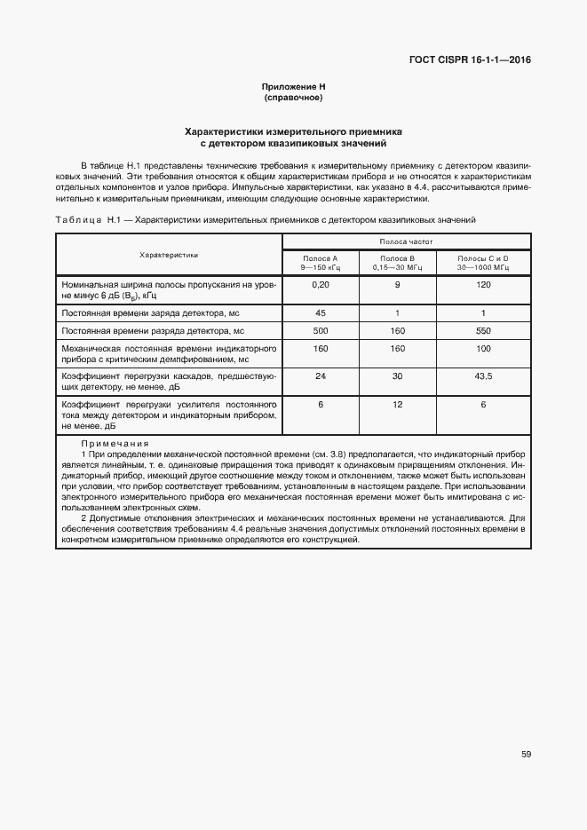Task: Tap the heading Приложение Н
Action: [294, 87]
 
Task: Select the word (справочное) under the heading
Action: [294, 97]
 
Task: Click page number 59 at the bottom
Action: [526, 755]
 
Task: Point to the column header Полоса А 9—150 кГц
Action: [320, 262]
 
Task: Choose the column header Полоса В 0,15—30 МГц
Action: [397, 262]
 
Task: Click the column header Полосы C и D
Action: [483, 262]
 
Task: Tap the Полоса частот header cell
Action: [406, 241]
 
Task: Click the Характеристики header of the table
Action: [169, 254]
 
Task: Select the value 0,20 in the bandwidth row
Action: [321, 285]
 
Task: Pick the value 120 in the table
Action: [483, 285]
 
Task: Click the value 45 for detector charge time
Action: [321, 312]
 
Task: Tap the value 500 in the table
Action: [321, 330]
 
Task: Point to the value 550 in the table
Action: [483, 330]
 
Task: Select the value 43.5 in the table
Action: [483, 376]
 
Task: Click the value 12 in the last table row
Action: [397, 405]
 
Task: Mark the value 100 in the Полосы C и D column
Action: [483, 349]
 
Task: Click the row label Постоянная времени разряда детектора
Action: [152, 331]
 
